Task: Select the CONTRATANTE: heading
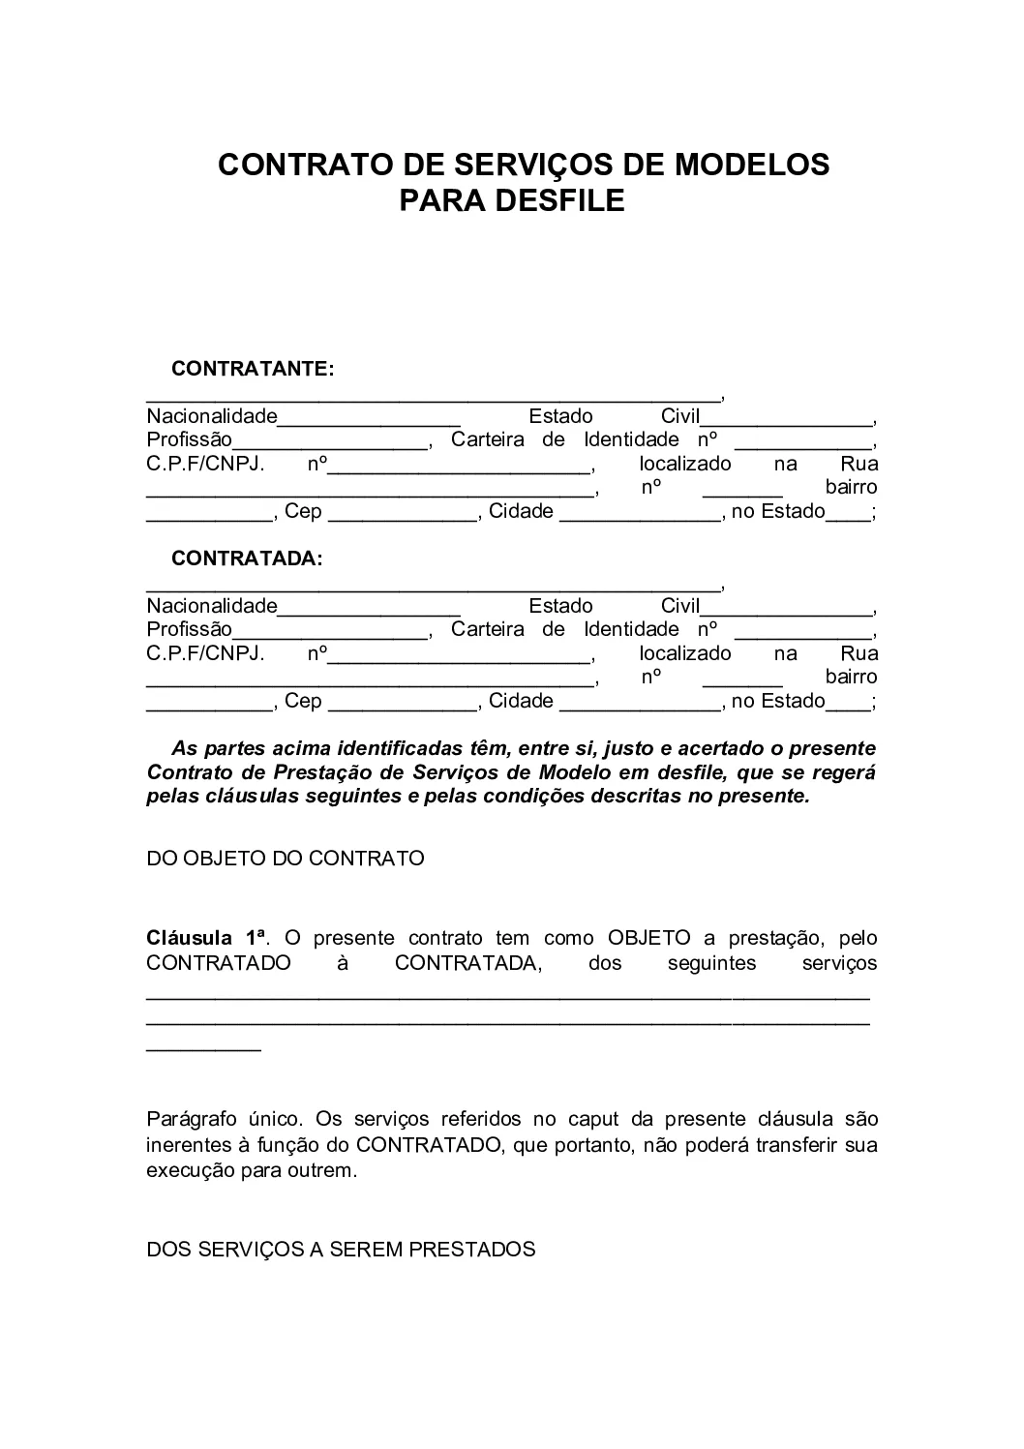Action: [x=253, y=369]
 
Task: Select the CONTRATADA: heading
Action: [x=247, y=558]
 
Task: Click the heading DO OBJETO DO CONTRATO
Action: [x=286, y=859]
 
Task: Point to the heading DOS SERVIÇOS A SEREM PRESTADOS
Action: [x=341, y=1250]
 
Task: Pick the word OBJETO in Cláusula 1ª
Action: [x=648, y=938]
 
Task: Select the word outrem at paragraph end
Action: [x=324, y=1170]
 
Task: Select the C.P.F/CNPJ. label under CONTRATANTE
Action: [x=205, y=464]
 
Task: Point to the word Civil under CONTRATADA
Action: [x=680, y=606]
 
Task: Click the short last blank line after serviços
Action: [x=203, y=1047]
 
